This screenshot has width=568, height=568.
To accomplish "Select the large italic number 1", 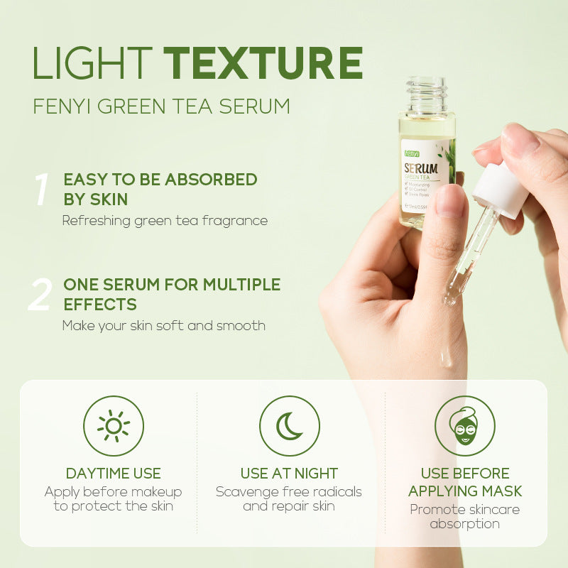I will coord(40,190).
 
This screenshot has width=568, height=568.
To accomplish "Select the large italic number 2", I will coord(40,295).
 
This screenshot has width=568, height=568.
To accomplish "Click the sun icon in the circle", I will coord(114,426).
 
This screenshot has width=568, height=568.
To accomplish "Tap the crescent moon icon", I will coord(289,426).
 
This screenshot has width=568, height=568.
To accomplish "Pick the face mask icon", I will coord(465,426).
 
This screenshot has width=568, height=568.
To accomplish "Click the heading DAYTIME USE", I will coord(114,474).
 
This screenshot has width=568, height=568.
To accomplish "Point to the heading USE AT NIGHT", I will coord(289,474).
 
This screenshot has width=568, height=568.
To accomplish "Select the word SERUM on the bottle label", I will coord(420,170).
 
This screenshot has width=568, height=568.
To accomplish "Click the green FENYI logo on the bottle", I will coord(412,152).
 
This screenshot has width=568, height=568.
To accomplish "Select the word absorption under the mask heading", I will coord(465,525).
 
